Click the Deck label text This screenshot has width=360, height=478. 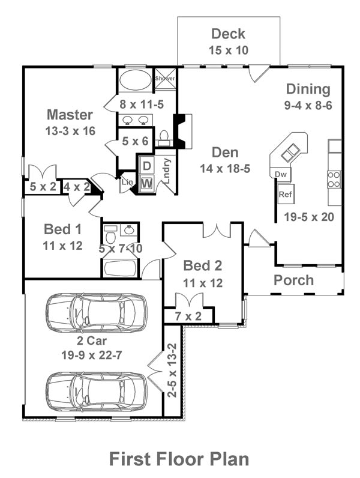(x=228, y=34)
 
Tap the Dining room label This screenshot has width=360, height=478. (x=308, y=89)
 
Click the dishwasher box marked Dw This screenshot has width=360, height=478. (x=280, y=174)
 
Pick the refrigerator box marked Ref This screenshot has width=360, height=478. (x=285, y=195)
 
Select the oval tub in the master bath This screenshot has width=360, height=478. (x=135, y=80)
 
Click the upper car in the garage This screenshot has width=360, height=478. (x=96, y=312)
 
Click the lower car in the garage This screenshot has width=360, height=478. (x=96, y=390)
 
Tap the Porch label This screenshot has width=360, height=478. (x=293, y=280)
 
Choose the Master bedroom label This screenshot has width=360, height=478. (x=70, y=115)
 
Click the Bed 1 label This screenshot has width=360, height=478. (x=63, y=229)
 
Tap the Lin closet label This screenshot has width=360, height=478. (x=127, y=182)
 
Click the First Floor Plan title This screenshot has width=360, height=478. (x=179, y=459)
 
